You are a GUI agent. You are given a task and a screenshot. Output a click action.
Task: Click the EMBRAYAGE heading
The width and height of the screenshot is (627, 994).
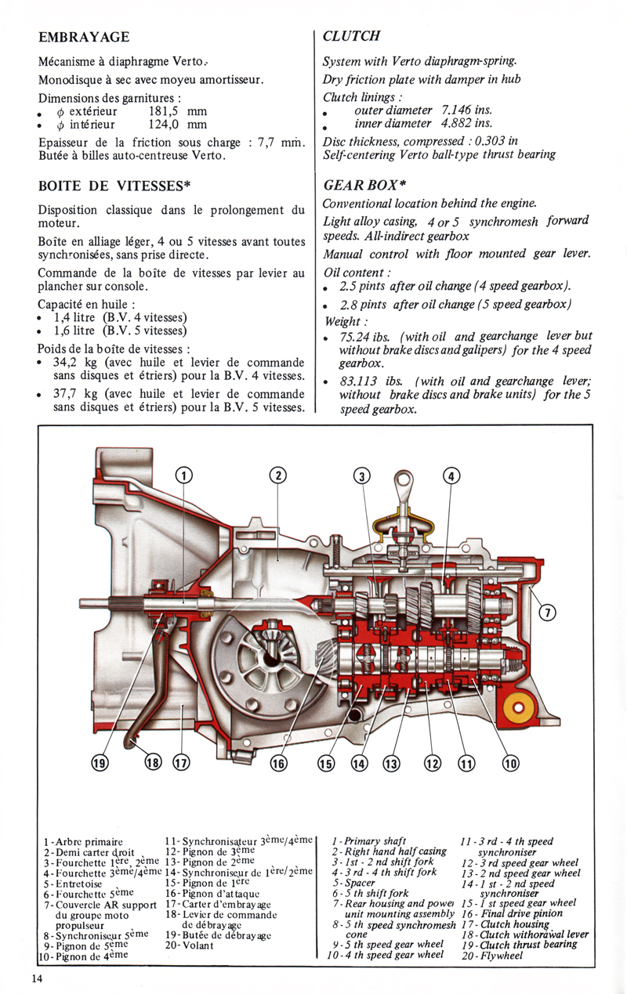84,37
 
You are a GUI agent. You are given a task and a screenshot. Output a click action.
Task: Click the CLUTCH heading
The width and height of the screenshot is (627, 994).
351,36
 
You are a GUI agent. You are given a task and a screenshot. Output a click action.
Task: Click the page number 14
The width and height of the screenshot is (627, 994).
38,977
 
